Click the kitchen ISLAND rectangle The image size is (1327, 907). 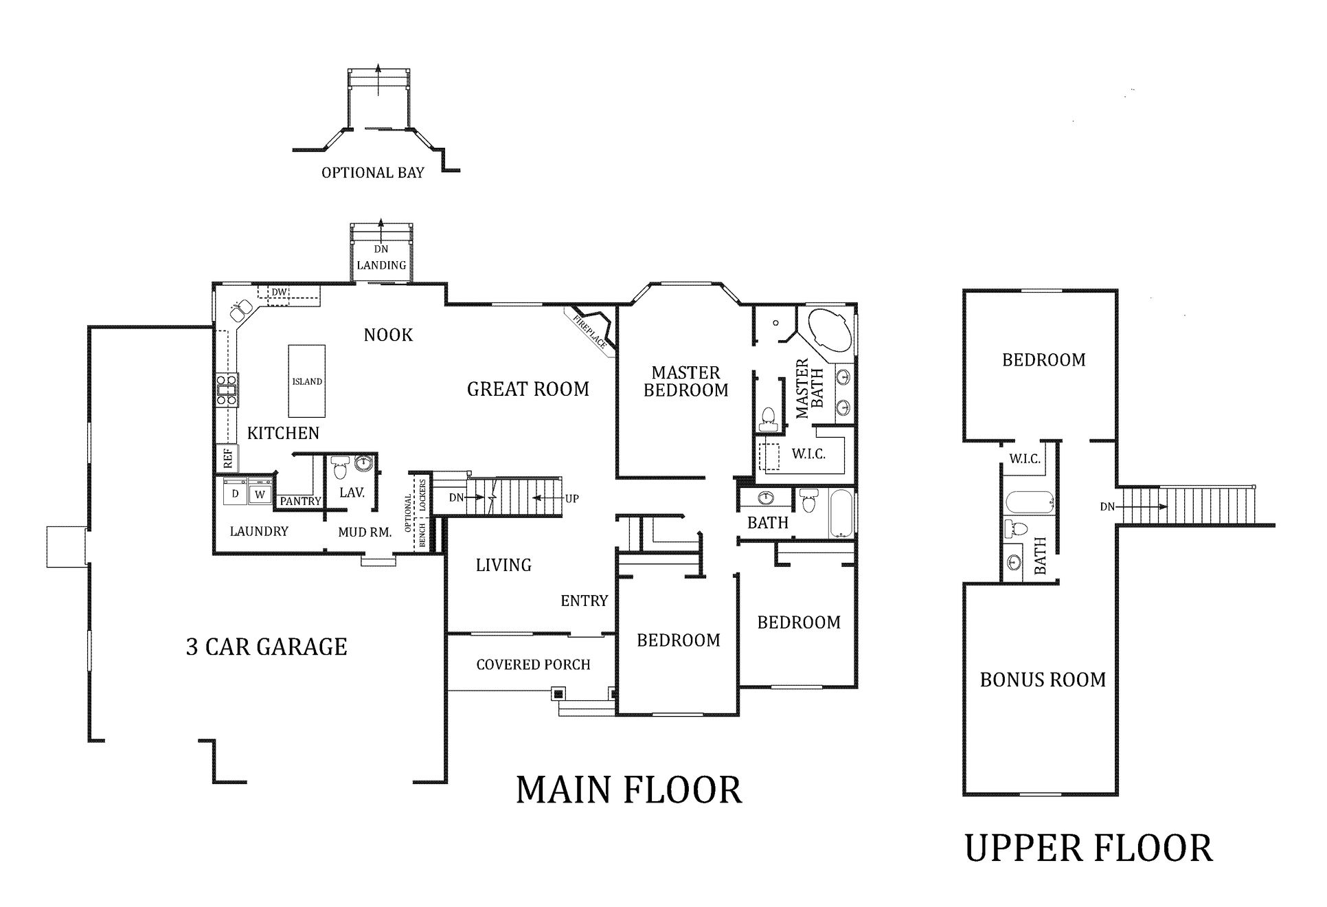306,381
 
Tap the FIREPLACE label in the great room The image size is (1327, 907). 589,331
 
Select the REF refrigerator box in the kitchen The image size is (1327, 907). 227,458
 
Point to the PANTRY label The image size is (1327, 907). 300,502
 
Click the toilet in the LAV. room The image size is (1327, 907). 340,469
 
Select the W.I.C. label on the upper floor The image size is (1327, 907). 1025,459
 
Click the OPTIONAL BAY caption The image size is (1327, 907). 373,172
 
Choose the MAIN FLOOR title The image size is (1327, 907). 628,790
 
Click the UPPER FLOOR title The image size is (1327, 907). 1089,848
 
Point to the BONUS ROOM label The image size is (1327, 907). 1043,680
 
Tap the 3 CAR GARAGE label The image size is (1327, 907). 266,647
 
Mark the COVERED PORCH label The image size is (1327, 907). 533,664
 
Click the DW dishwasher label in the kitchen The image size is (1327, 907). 279,292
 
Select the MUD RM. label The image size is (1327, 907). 365,532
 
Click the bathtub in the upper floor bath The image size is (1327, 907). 1028,503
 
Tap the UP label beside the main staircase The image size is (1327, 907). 571,498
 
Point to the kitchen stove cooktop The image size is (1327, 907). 227,389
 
